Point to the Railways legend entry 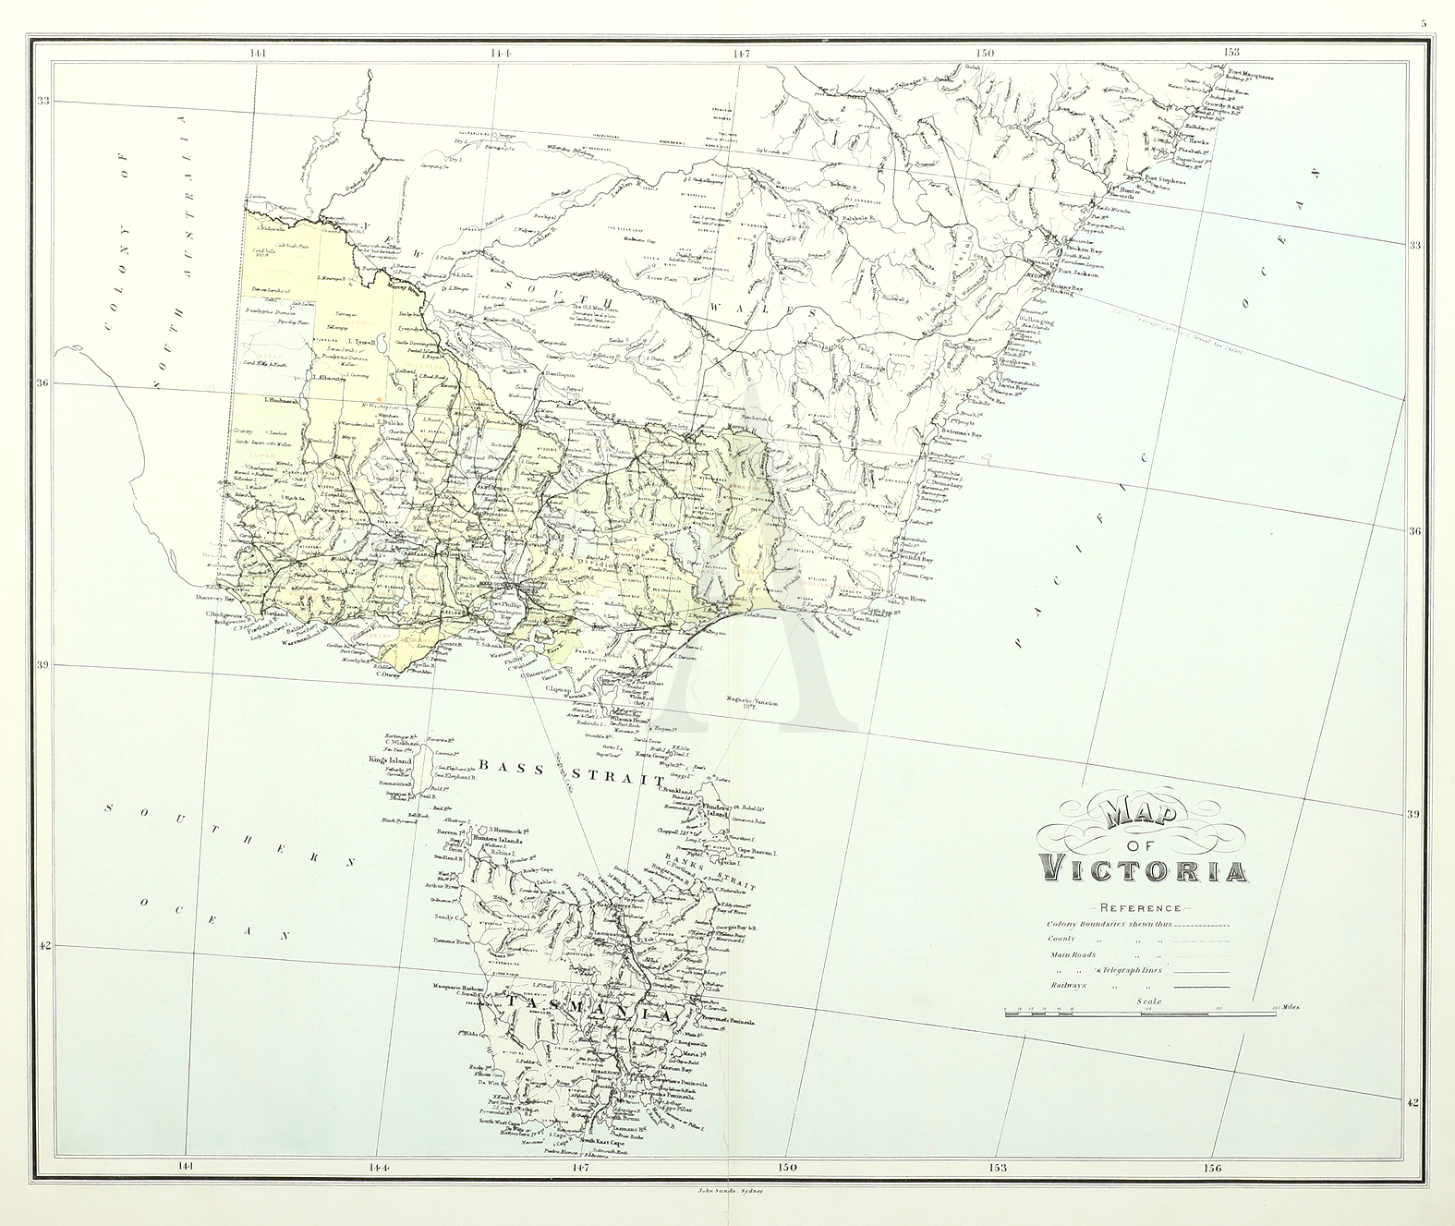pyautogui.click(x=1069, y=985)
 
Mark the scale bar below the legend pyautogui.click(x=1142, y=1014)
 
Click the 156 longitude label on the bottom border pyautogui.click(x=1211, y=1168)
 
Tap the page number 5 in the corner pyautogui.click(x=1424, y=23)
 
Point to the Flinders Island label pyautogui.click(x=722, y=810)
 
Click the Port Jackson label pyautogui.click(x=1079, y=273)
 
